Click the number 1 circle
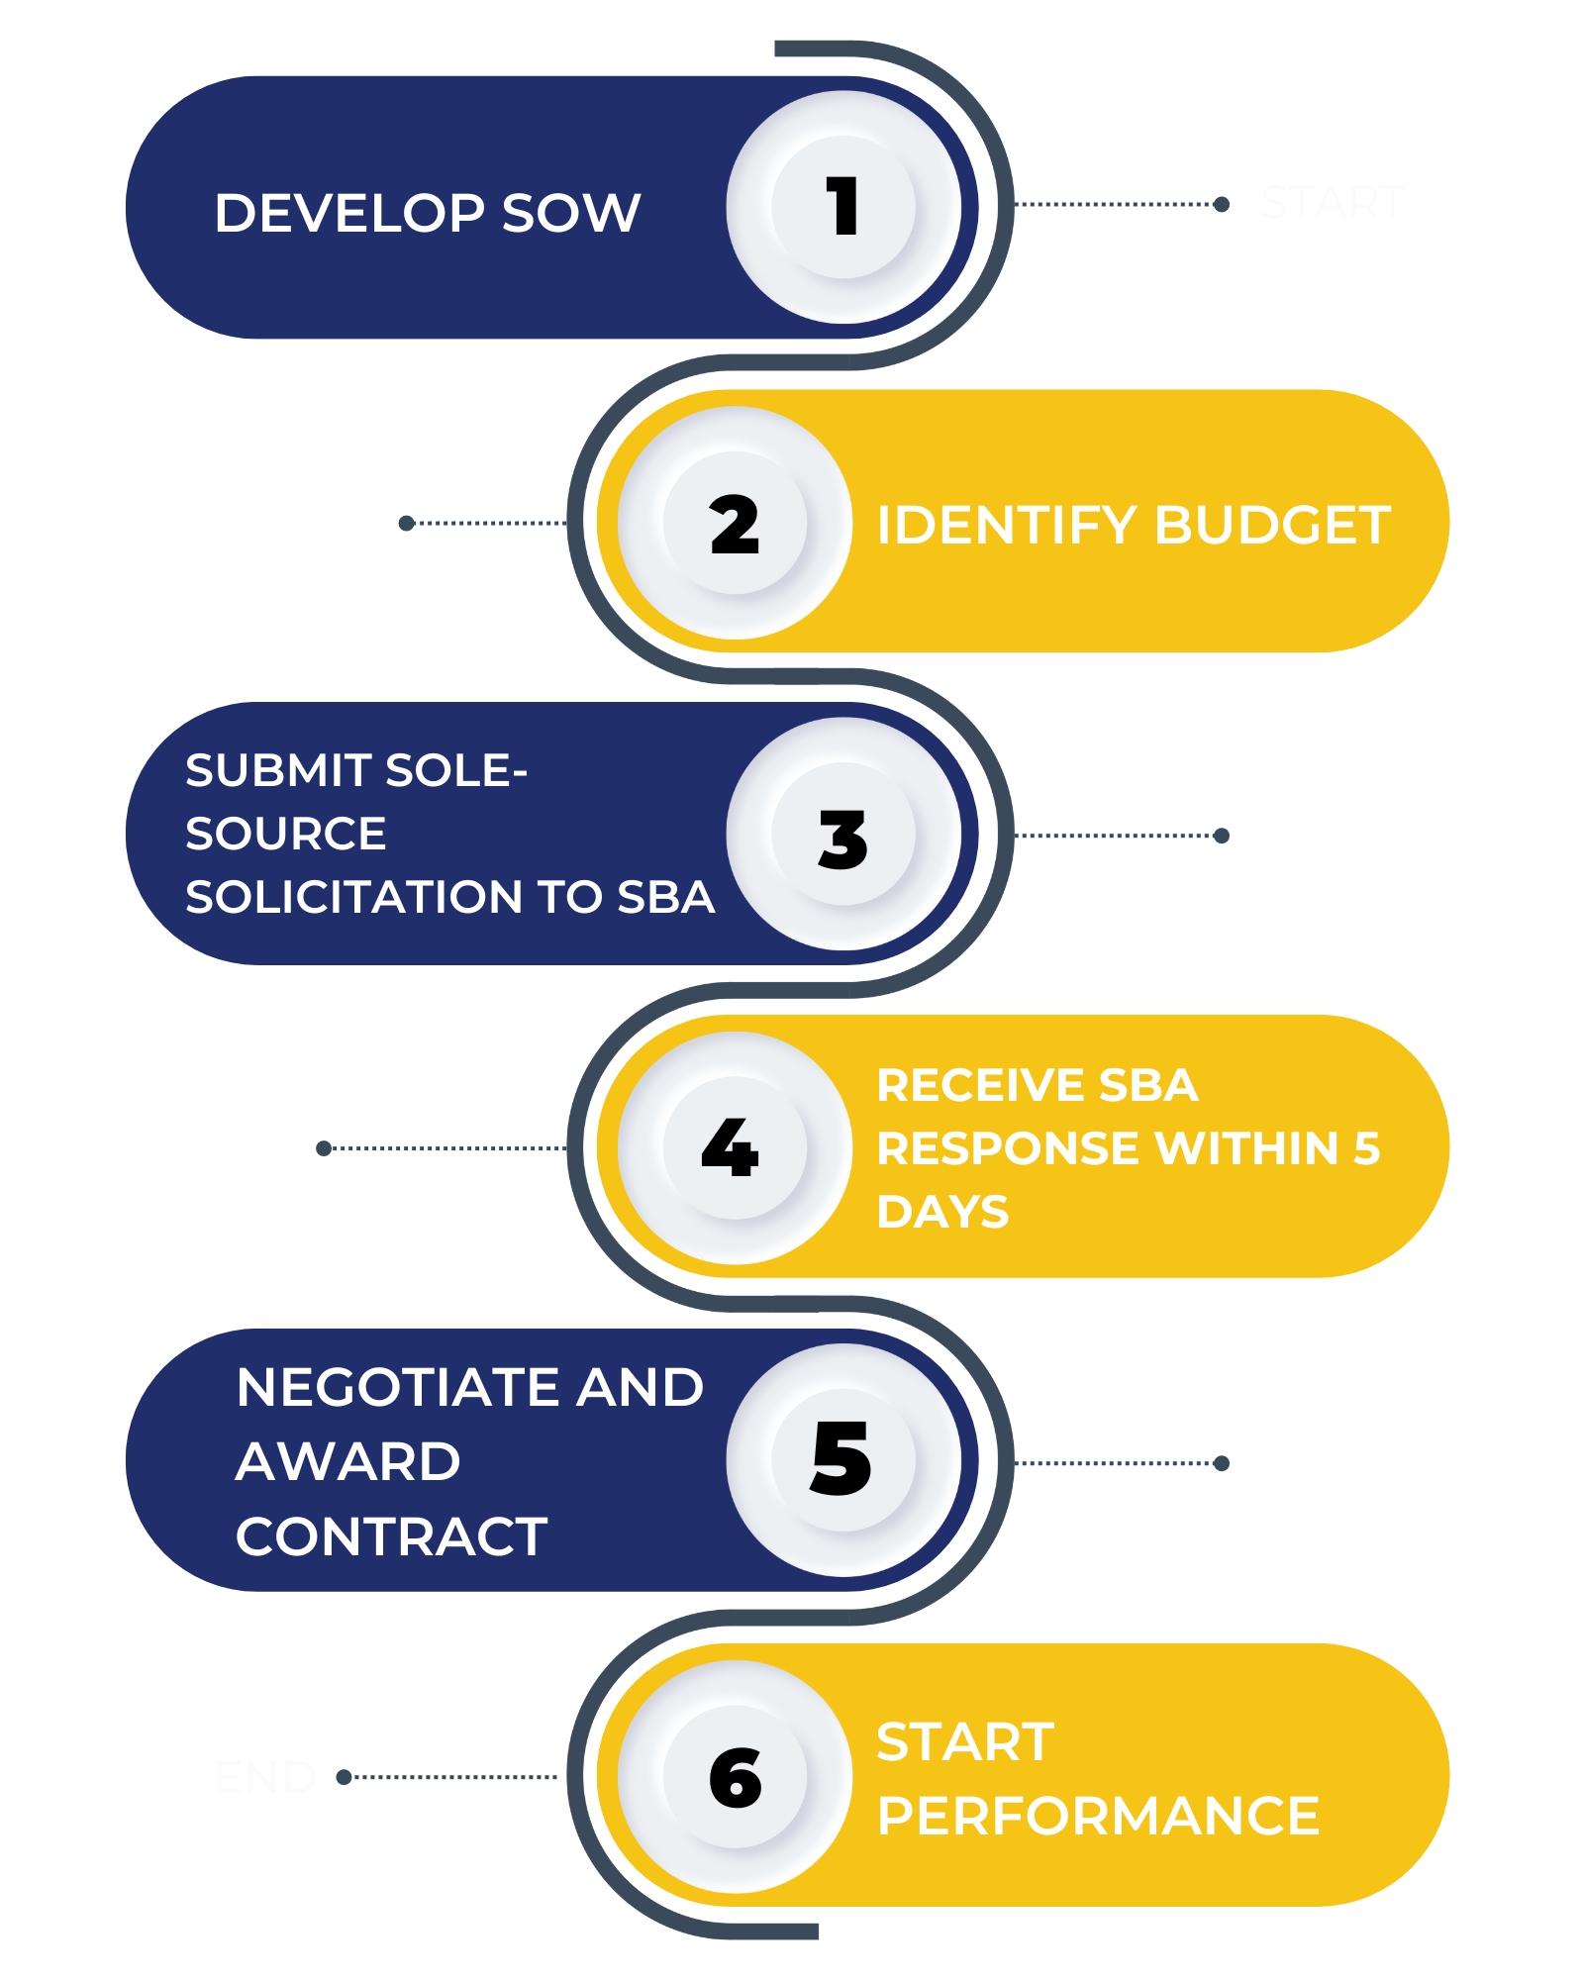coord(843,207)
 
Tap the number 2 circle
coord(735,523)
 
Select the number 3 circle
coord(843,835)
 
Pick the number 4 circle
coord(735,1148)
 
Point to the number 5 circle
coord(843,1460)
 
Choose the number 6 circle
coord(735,1777)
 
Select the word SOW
coord(571,213)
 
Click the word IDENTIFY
coord(1007,525)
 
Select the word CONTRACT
coord(391,1536)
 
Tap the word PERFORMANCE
coord(1098,1816)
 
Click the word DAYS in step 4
coord(942,1212)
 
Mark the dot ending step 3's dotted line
coord(1222,836)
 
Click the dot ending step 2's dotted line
coord(406,523)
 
